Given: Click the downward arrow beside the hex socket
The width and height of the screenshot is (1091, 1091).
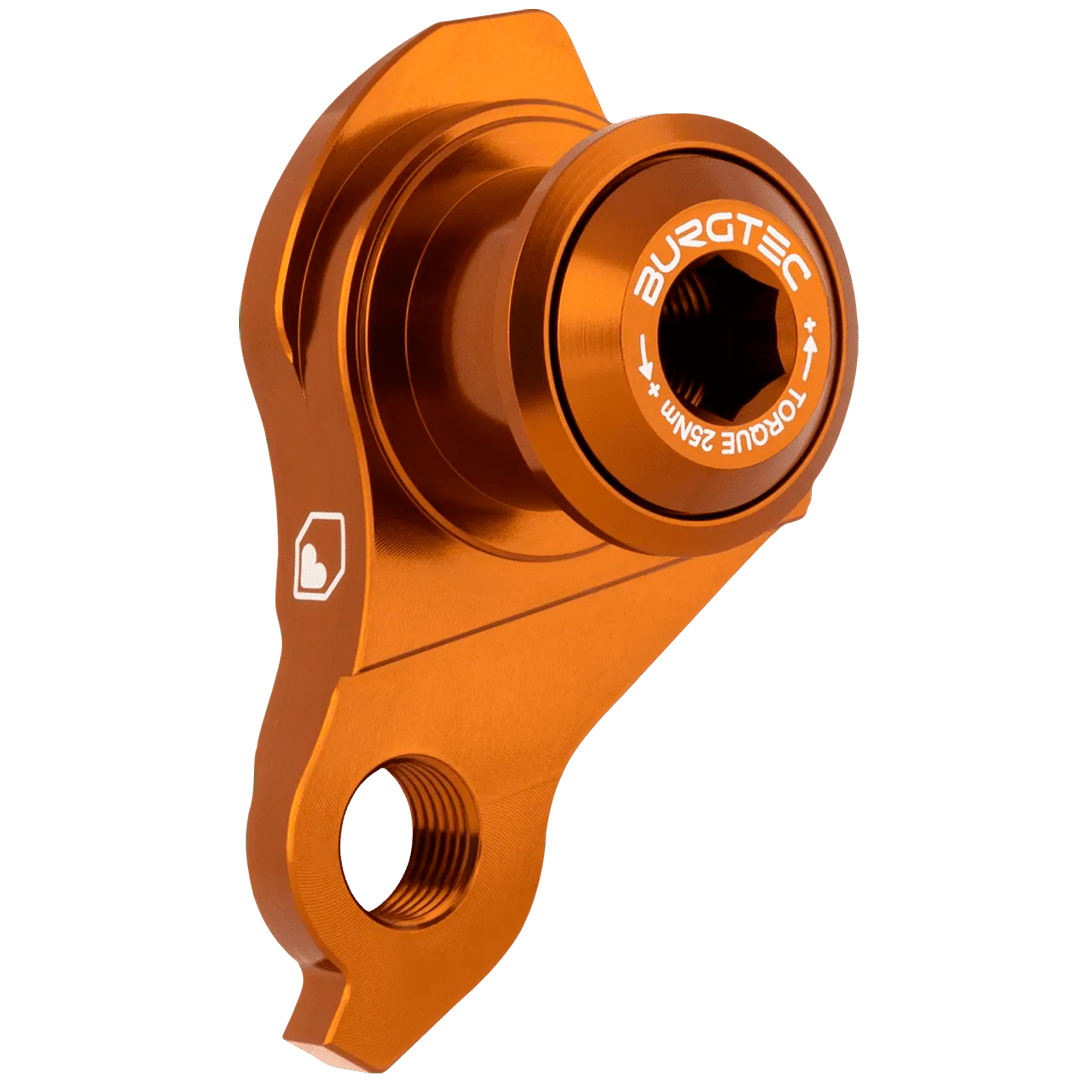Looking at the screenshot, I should click(644, 365).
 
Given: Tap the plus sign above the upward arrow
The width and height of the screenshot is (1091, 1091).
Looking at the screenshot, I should click(812, 327).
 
